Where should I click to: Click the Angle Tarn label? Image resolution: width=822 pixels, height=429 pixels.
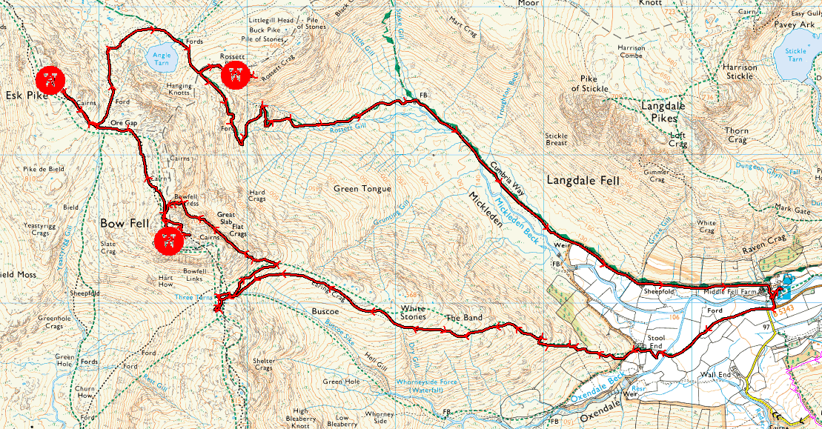coord(161,59)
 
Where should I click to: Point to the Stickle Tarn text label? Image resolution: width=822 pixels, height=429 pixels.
coord(795,55)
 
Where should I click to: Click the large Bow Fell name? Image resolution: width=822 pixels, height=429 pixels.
coord(125,222)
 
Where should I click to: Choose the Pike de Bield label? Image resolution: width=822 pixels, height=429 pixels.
coord(43,169)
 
